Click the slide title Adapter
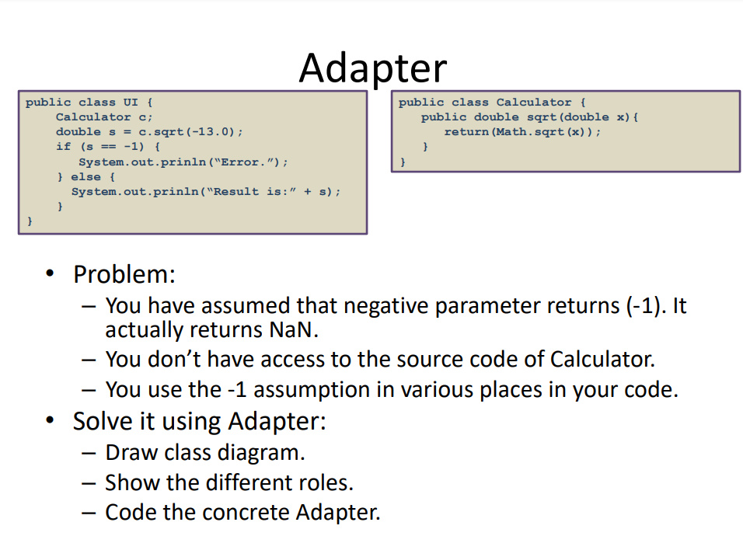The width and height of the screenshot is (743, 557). tap(372, 68)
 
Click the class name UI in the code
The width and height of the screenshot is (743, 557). tap(130, 102)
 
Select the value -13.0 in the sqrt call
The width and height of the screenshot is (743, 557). tap(213, 131)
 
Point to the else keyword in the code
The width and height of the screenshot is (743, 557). tap(91, 176)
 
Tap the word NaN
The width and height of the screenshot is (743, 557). tap(293, 329)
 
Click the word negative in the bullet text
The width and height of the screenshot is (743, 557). tap(385, 305)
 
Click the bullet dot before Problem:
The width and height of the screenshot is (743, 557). tap(51, 275)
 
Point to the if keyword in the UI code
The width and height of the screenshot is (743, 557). tap(63, 146)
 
